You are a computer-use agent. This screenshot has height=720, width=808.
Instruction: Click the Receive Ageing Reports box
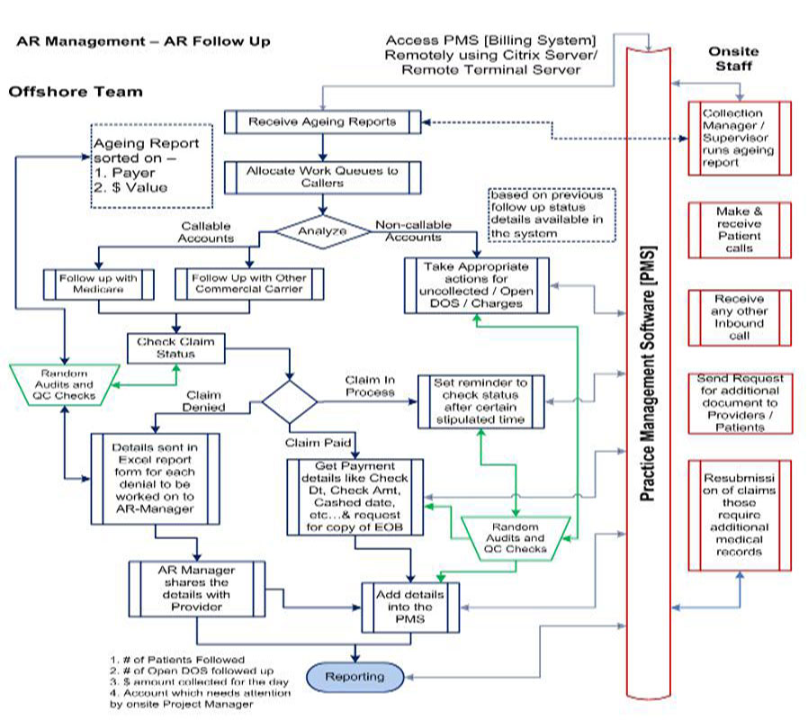(322, 121)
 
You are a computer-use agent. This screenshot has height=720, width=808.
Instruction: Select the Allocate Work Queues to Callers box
(322, 175)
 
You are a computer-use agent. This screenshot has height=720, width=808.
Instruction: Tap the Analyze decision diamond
(321, 230)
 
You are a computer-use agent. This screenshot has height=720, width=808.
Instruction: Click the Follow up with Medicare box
(99, 283)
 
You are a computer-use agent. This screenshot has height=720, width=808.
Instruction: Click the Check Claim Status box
(175, 347)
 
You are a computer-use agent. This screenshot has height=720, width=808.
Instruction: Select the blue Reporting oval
(354, 676)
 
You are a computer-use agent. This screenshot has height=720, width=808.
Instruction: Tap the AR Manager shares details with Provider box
(196, 589)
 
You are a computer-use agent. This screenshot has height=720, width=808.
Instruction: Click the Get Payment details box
(355, 498)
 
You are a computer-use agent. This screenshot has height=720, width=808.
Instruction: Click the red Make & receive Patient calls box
(739, 229)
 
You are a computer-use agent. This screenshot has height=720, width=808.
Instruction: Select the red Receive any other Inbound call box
(739, 317)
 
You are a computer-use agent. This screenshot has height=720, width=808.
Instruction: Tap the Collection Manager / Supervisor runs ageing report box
(739, 138)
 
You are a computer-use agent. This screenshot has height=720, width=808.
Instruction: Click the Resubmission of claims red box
(739, 514)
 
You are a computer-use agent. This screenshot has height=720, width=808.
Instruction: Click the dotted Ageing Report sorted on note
(145, 165)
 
